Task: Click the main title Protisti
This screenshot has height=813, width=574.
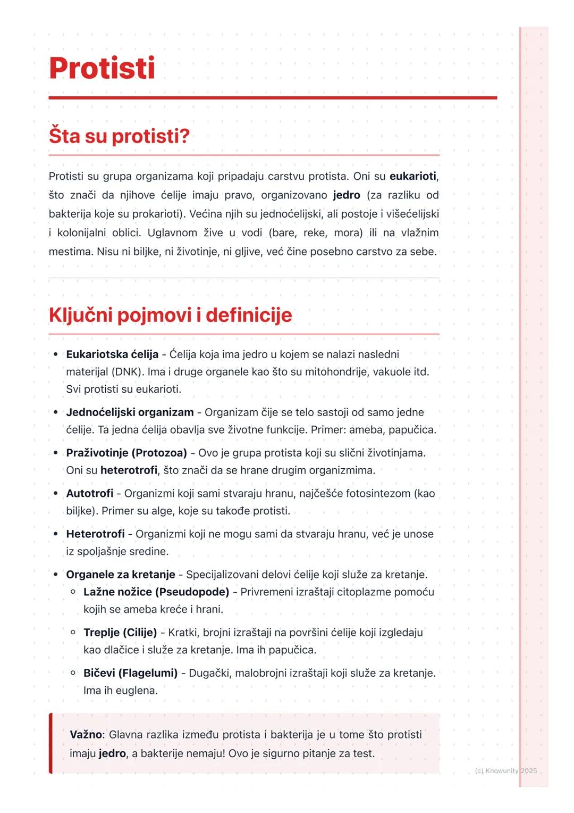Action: tap(102, 68)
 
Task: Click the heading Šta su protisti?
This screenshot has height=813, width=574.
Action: tap(119, 136)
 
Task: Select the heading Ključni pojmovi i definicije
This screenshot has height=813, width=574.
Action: tap(170, 315)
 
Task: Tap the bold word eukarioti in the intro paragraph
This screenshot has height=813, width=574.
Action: tap(413, 176)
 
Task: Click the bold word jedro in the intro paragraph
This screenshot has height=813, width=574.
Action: tap(347, 195)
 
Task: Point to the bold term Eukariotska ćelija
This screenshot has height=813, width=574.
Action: tap(112, 354)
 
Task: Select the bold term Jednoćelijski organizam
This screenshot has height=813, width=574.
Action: tap(130, 412)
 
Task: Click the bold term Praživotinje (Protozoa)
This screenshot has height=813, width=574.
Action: tap(126, 453)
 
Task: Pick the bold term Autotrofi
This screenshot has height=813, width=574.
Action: tap(89, 493)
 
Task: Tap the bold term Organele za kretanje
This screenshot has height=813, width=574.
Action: tap(121, 575)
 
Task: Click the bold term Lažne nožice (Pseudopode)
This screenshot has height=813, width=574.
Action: tap(156, 592)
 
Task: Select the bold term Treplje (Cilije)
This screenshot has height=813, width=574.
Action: tap(120, 633)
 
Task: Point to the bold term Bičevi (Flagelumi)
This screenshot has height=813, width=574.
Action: tap(130, 673)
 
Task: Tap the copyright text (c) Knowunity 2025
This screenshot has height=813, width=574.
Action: tap(505, 770)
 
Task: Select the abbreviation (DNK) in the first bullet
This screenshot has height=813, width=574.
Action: tap(128, 371)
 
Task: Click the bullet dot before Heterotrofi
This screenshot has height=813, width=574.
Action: tap(56, 534)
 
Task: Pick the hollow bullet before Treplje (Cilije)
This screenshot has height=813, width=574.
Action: tap(73, 633)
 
